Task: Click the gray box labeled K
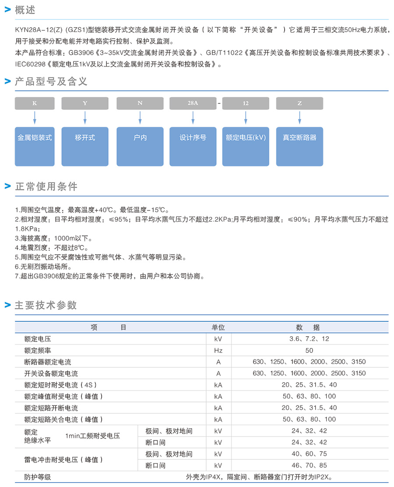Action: tap(35, 103)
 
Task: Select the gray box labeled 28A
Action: tap(193, 103)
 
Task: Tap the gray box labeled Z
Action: tap(299, 103)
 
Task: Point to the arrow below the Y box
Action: tap(85, 118)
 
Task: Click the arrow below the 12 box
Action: tap(246, 118)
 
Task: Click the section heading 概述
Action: tap(25, 10)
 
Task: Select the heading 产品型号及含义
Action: tap(51, 82)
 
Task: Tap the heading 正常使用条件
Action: tap(46, 186)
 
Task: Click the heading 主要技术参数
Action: tap(46, 305)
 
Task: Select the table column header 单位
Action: tap(218, 327)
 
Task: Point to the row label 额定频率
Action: tap(38, 351)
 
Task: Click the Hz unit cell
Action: tap(218, 351)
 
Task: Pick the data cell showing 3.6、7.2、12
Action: tap(309, 339)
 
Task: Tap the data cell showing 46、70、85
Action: tap(309, 466)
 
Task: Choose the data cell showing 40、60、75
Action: tap(309, 454)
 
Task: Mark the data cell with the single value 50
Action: tap(309, 351)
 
